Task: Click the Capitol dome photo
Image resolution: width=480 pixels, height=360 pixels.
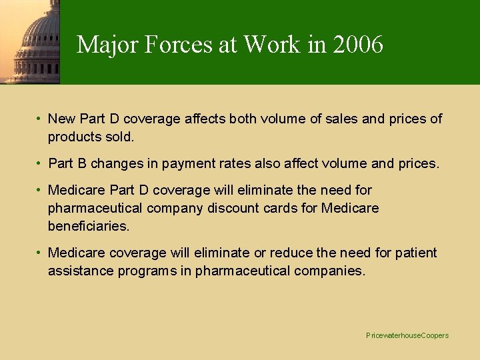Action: coord(30,41)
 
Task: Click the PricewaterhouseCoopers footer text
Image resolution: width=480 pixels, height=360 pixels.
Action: coord(407,335)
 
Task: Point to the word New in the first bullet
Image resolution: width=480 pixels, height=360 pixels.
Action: coord(61,119)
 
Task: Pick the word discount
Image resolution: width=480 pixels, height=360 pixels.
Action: coord(239,209)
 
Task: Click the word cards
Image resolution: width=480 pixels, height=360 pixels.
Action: coord(283,209)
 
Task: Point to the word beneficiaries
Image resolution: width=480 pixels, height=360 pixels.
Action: coord(88,227)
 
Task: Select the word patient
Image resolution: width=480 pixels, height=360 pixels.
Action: coord(415,253)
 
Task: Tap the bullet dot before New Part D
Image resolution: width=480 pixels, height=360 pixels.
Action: coord(40,119)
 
